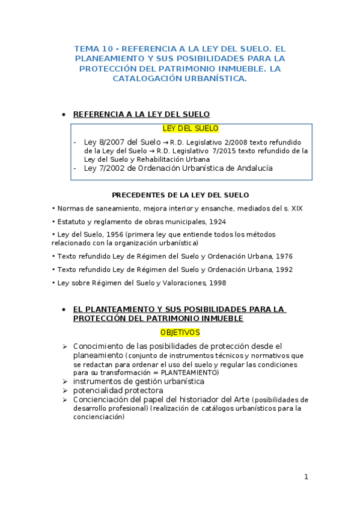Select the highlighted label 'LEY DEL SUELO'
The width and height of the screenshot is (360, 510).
click(x=191, y=129)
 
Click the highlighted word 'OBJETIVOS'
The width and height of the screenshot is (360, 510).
click(x=180, y=333)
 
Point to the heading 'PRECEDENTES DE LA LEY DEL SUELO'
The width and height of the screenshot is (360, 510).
click(x=180, y=195)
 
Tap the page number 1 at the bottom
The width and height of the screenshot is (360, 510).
click(x=306, y=477)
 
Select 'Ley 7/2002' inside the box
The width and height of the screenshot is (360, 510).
click(x=103, y=168)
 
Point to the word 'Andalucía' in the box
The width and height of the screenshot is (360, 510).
click(x=251, y=168)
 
